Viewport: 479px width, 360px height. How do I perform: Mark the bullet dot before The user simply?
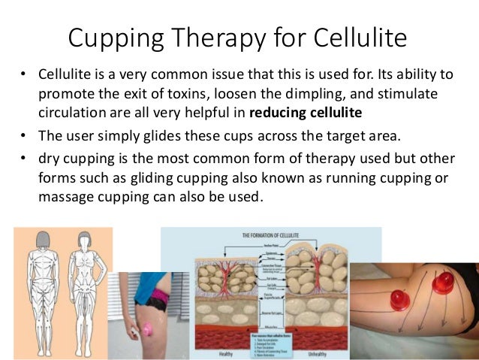coord(24,135)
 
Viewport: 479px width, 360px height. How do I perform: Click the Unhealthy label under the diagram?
coord(324,352)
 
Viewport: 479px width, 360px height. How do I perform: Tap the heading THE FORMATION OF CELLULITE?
coord(271,234)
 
